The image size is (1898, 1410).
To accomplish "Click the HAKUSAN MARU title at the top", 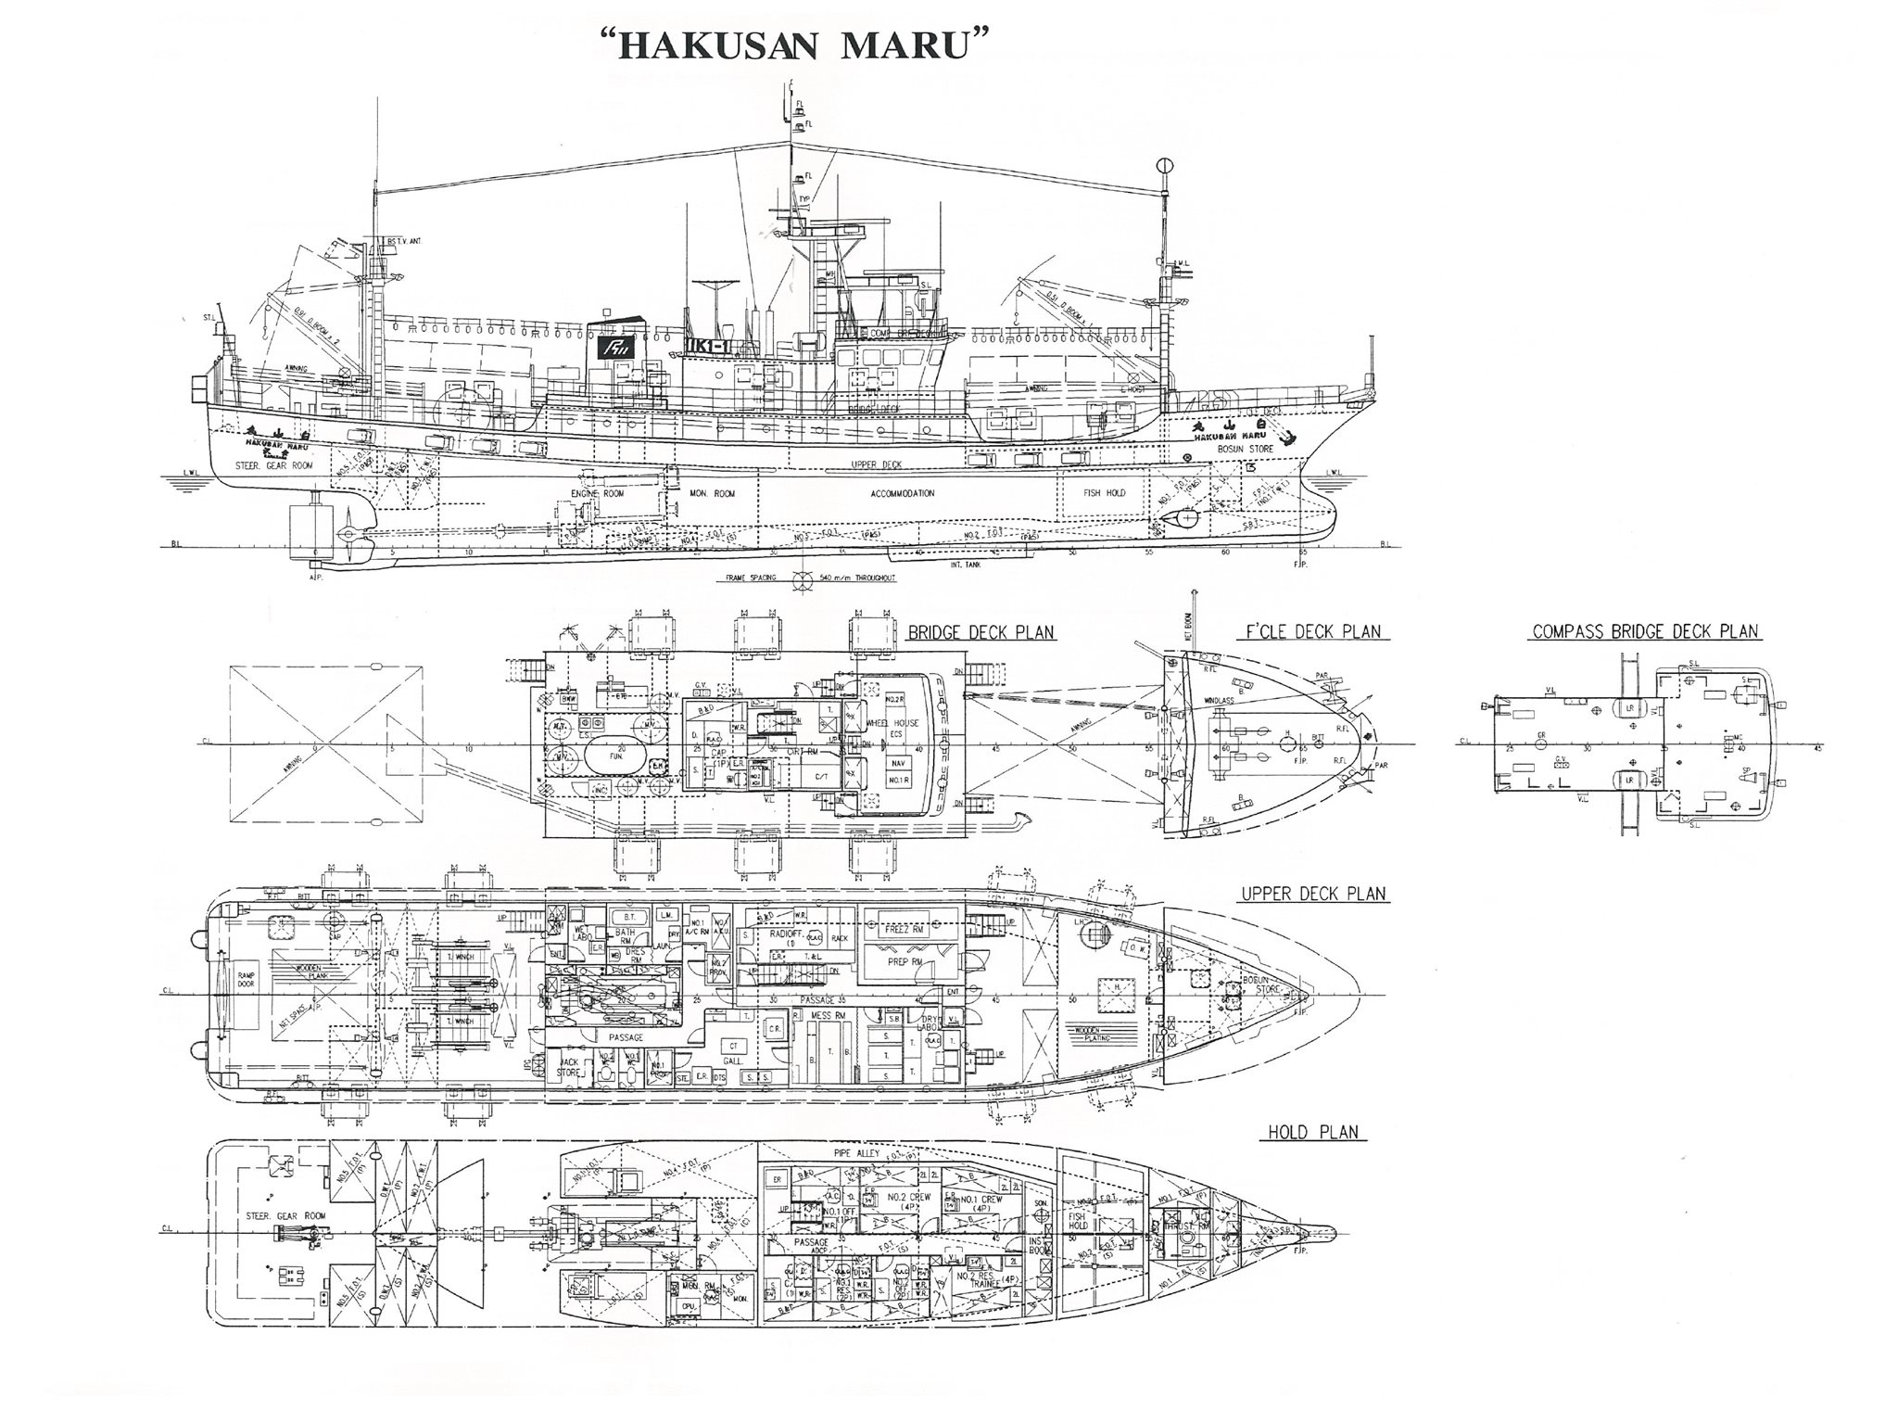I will pyautogui.click(x=790, y=45).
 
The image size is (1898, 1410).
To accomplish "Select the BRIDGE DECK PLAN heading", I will pyautogui.click(x=981, y=633).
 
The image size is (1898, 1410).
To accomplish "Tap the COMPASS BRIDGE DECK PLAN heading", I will pyautogui.click(x=1645, y=632).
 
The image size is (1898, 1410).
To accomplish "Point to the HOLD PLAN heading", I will pyautogui.click(x=1313, y=1132).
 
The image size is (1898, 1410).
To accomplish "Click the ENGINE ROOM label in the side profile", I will pyautogui.click(x=597, y=494).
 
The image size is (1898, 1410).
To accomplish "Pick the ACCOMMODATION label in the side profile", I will pyautogui.click(x=903, y=494).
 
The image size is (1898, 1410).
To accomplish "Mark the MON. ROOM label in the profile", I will pyautogui.click(x=711, y=494).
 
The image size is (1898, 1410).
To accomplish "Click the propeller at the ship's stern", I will pyautogui.click(x=348, y=533).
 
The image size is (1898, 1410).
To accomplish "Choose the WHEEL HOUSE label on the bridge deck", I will pyautogui.click(x=892, y=723).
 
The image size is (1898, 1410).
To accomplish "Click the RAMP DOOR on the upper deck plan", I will pyautogui.click(x=246, y=984).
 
